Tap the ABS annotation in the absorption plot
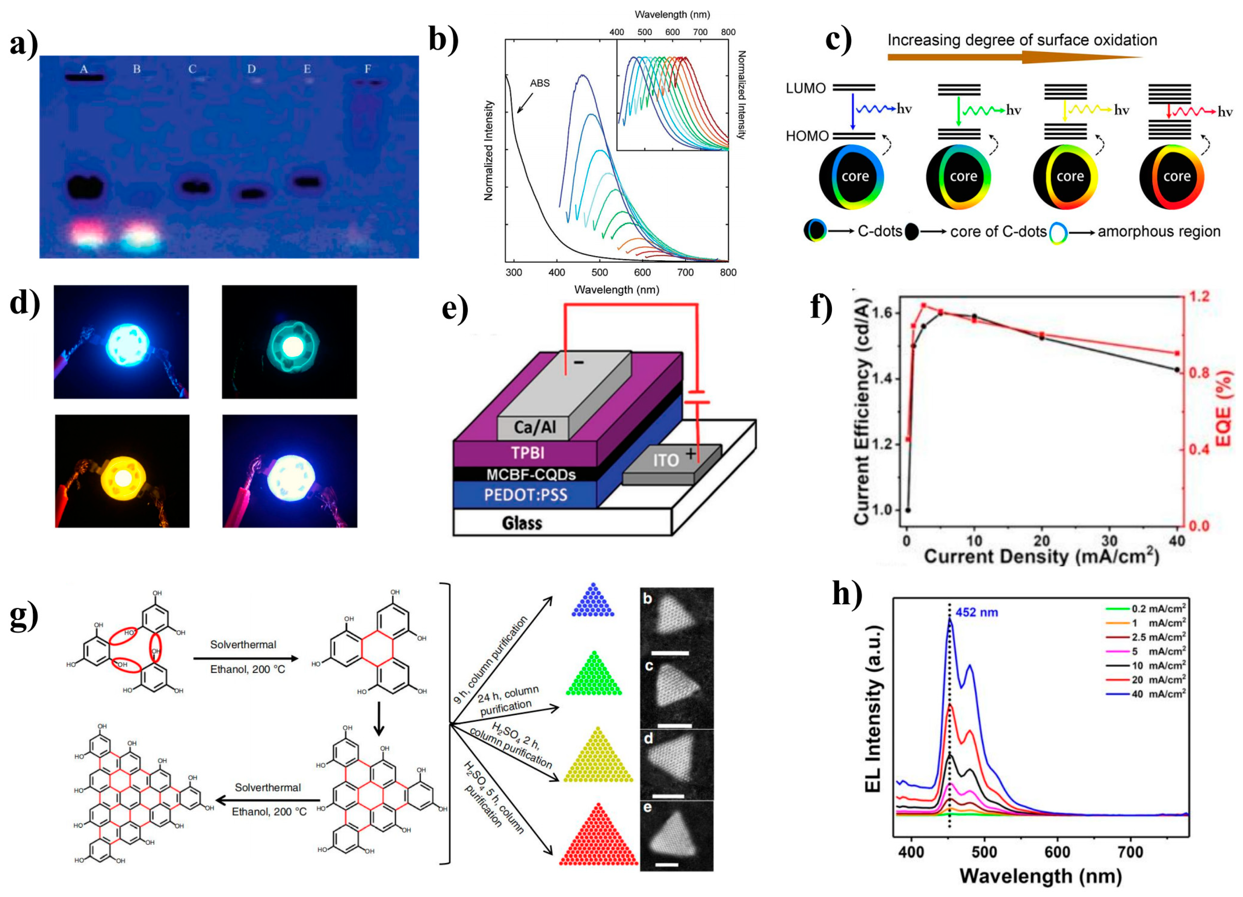(x=539, y=83)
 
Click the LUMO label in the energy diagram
(x=805, y=88)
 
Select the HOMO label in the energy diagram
(x=807, y=136)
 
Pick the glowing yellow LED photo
(x=122, y=471)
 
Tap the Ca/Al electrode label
(x=534, y=427)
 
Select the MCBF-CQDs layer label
(x=530, y=475)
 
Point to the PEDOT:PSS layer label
(x=525, y=495)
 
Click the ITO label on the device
(x=665, y=460)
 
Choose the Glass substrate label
(x=522, y=523)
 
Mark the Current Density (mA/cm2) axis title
(x=1041, y=557)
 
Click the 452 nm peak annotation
(x=977, y=612)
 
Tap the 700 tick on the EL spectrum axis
(x=1130, y=852)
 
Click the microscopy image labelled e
(x=676, y=836)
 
